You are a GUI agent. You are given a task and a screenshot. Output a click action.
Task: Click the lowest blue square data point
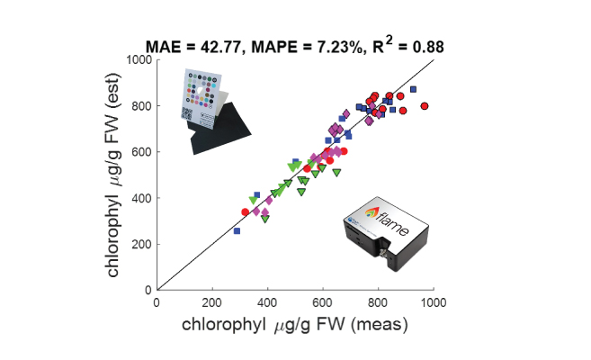[x=237, y=231]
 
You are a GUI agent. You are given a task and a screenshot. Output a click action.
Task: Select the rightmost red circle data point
[x=424, y=105]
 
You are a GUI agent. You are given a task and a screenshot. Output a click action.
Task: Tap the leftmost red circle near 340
[x=246, y=212]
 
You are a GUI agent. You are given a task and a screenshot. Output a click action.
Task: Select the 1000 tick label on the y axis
[x=136, y=60]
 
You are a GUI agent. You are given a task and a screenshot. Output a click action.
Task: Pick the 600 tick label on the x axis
[x=323, y=302]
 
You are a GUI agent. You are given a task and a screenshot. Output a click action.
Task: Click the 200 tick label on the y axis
[x=139, y=244]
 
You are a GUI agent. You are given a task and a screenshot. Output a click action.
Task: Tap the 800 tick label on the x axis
[x=379, y=302]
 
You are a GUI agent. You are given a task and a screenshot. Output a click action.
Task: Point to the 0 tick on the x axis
[x=157, y=302]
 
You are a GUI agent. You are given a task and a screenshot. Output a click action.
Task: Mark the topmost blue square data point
[x=413, y=89]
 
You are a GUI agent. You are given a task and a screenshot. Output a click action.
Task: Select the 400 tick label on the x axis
[x=268, y=302]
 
